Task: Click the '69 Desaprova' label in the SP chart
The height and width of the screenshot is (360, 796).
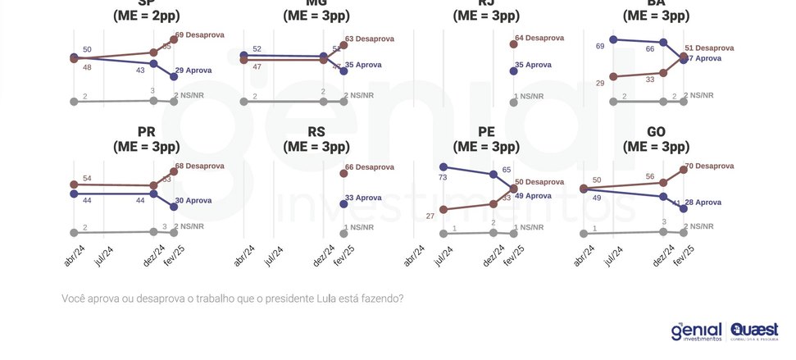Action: [199, 34]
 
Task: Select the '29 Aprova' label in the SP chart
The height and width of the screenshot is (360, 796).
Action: [193, 71]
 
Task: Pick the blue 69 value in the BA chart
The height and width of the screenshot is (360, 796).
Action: [600, 47]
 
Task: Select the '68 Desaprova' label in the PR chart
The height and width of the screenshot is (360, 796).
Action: [199, 166]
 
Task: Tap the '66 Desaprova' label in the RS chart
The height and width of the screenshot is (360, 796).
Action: [370, 167]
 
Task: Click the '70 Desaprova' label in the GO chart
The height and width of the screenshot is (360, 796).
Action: [709, 166]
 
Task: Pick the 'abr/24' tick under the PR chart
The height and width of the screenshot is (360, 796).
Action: [74, 256]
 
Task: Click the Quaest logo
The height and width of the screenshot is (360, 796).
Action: [754, 331]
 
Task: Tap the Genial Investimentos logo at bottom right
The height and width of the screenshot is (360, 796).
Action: [697, 331]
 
